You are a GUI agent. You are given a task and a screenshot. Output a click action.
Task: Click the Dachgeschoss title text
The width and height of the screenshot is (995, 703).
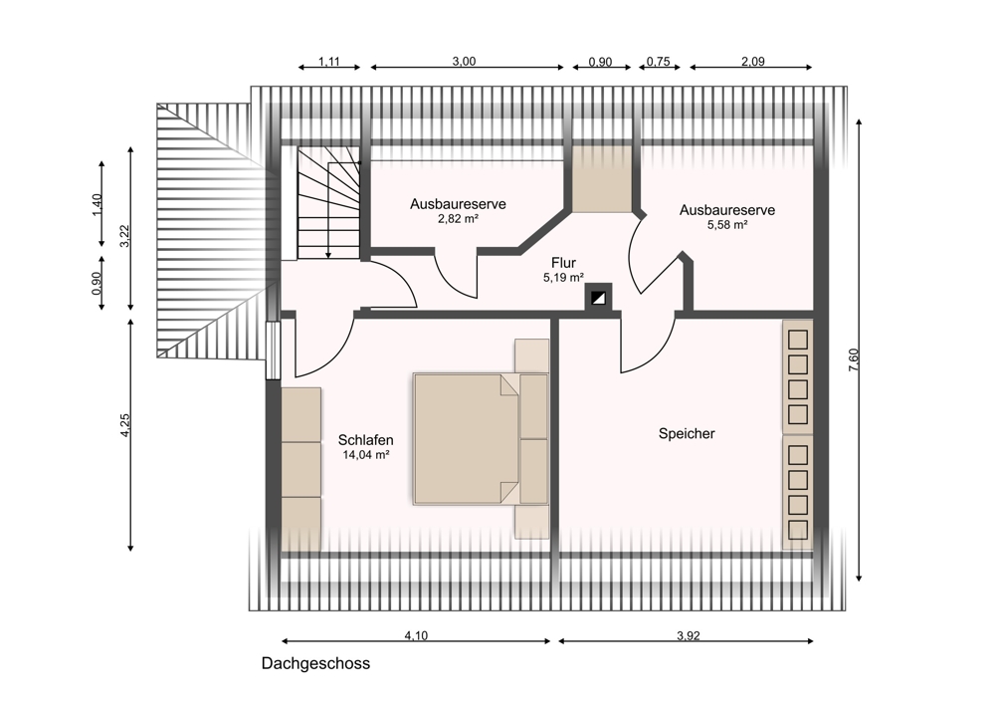click(315, 663)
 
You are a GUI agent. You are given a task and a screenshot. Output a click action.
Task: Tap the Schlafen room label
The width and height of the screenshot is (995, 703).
click(365, 439)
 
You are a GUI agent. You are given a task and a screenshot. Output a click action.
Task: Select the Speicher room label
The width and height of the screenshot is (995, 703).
click(687, 434)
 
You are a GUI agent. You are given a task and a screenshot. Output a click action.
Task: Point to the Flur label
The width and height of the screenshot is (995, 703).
click(563, 263)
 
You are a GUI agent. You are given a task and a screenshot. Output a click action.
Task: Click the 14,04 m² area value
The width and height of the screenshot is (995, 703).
click(365, 455)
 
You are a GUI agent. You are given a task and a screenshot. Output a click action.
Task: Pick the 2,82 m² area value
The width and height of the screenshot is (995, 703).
click(458, 219)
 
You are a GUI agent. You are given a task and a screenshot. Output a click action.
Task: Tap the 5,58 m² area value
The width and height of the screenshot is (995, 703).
click(727, 224)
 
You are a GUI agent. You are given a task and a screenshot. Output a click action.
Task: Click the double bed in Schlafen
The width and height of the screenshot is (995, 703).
click(480, 439)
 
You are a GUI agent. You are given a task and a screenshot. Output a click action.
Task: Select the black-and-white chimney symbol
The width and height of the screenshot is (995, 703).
click(598, 298)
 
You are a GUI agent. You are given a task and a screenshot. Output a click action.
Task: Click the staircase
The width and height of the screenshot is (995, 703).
click(328, 202)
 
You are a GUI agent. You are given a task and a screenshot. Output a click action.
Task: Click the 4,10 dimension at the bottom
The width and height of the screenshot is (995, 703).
click(416, 635)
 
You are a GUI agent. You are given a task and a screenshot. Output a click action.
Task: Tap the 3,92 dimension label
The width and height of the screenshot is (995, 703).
click(688, 635)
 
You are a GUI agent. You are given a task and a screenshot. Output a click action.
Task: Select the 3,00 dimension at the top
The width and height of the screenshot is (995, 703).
click(464, 61)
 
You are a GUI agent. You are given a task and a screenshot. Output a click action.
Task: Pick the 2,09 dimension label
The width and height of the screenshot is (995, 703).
click(752, 61)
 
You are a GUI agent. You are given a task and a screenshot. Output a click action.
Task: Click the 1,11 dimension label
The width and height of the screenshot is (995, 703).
click(328, 62)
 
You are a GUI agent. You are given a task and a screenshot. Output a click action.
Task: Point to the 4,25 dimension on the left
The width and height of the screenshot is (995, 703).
click(125, 425)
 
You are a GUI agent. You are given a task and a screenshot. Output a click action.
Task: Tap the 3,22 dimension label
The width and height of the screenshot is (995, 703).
click(125, 236)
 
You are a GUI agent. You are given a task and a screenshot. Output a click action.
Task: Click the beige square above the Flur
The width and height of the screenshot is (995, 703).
click(602, 179)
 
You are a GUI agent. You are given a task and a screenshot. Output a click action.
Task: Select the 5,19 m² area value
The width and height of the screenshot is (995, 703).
click(563, 278)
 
